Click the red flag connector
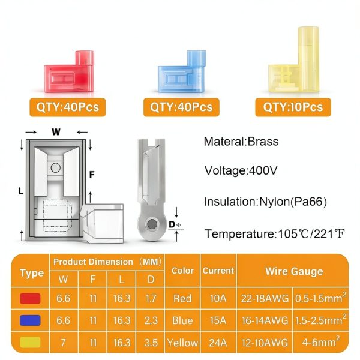69,73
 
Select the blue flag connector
182,73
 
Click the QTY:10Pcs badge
293,107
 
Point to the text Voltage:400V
241,170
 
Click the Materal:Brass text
241,142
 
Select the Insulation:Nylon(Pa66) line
265,202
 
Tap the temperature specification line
275,234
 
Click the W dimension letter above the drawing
56,132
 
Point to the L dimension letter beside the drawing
21,191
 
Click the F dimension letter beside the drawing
92,175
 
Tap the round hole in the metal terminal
152,224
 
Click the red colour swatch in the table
30,298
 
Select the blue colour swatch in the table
30,320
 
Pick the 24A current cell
218,343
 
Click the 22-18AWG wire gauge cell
265,298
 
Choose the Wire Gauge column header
294,271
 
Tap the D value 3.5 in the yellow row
151,343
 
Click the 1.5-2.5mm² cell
321,320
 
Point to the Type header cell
32,273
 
